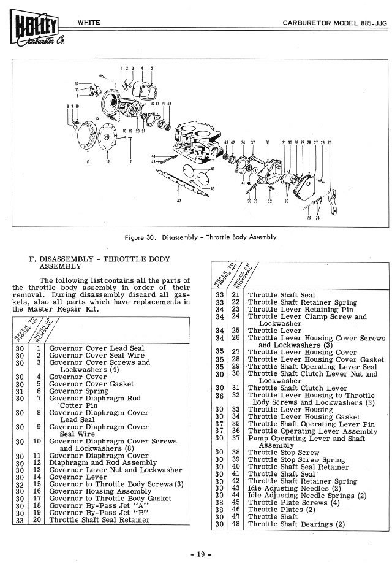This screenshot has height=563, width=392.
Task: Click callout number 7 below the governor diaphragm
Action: (130, 161)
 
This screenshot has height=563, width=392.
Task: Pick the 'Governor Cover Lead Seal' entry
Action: (96, 347)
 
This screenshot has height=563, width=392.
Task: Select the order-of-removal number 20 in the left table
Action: (38, 520)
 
